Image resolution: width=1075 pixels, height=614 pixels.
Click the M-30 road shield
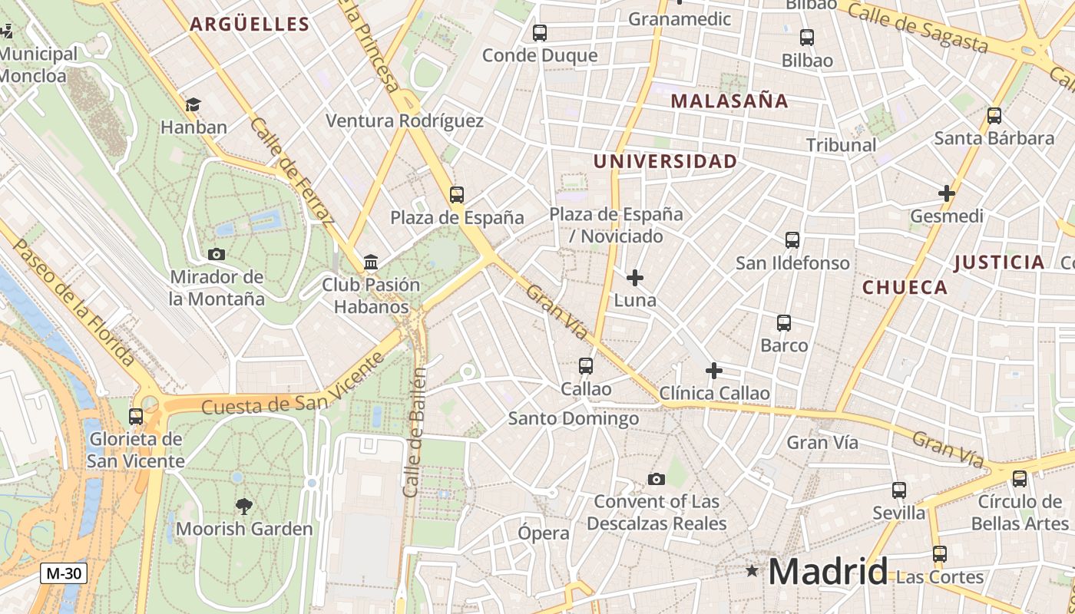64,573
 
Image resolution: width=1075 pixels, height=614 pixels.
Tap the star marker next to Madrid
752,570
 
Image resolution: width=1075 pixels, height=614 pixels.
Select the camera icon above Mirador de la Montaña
217,254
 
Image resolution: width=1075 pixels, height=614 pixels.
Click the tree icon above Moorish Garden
244,506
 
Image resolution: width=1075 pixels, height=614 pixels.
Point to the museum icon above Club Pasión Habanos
371,262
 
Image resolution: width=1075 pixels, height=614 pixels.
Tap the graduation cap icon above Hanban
193,104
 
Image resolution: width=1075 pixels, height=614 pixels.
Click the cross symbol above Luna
635,277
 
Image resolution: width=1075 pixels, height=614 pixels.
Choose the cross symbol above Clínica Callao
714,371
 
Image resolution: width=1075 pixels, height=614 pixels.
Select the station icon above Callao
586,366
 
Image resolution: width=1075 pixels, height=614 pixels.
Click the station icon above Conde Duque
540,33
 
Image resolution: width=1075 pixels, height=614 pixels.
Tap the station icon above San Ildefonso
792,240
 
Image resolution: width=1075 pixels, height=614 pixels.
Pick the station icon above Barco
784,323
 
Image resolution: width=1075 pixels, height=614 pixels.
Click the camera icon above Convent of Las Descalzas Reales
656,479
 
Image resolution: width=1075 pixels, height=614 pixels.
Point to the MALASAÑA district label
729,101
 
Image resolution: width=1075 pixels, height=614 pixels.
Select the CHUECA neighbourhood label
905,288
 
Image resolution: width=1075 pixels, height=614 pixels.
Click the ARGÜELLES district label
250,25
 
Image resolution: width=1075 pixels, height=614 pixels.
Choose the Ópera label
544,533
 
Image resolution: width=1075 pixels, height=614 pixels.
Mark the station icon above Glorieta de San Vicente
136,416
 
